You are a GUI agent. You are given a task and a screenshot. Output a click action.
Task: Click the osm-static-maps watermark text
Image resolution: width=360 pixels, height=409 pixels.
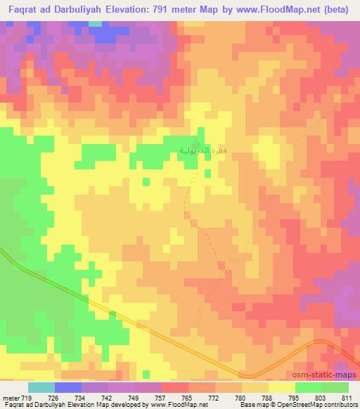point(329,376)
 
